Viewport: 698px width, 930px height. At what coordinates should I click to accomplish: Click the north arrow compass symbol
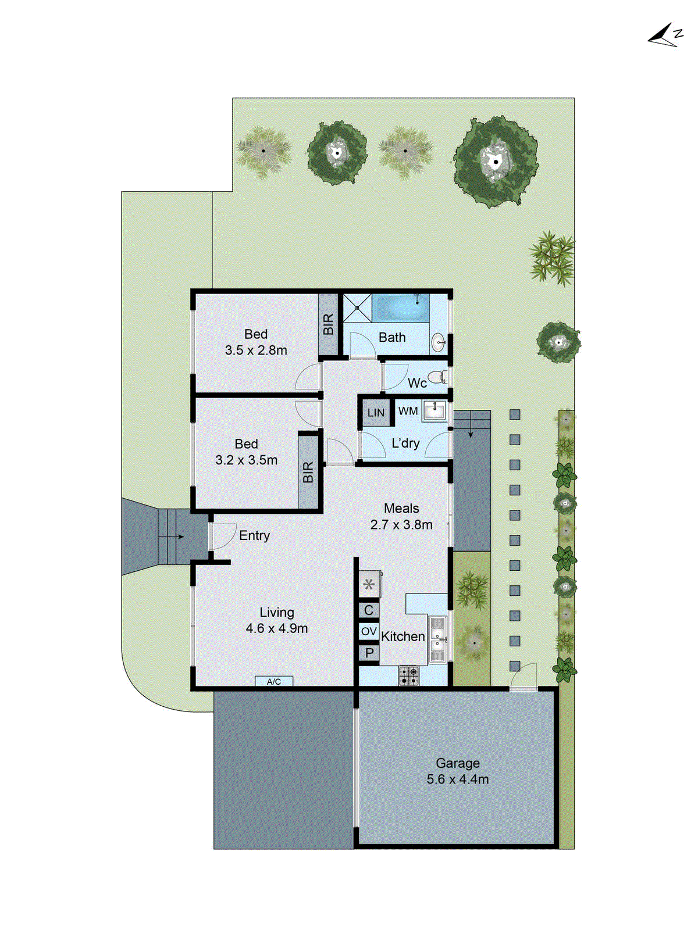click(x=665, y=35)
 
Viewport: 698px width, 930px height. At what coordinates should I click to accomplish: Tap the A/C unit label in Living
click(x=273, y=682)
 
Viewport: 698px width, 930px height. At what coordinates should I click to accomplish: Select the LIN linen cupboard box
click(x=376, y=413)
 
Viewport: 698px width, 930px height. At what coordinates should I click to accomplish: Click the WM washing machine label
click(x=408, y=411)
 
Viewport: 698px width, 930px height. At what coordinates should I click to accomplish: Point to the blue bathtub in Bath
click(x=401, y=307)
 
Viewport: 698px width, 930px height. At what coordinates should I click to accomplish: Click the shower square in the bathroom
click(x=357, y=307)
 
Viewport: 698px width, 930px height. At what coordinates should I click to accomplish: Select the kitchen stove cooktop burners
click(x=408, y=675)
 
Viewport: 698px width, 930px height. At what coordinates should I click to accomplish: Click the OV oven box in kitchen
click(x=369, y=631)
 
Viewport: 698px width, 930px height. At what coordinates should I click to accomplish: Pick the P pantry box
click(x=369, y=653)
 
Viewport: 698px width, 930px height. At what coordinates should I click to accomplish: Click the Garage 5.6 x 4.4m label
click(x=458, y=771)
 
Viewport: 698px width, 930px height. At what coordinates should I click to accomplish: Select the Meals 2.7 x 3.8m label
click(x=401, y=516)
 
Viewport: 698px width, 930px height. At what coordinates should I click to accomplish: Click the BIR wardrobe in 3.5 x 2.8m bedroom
click(x=328, y=324)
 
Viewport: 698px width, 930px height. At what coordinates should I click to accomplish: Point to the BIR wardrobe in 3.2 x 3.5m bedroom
click(x=308, y=471)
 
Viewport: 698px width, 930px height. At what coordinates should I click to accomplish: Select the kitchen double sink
click(x=437, y=639)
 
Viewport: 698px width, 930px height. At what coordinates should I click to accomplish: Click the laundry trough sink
click(x=433, y=410)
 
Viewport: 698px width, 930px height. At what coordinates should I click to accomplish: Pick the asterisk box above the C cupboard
click(x=369, y=584)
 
